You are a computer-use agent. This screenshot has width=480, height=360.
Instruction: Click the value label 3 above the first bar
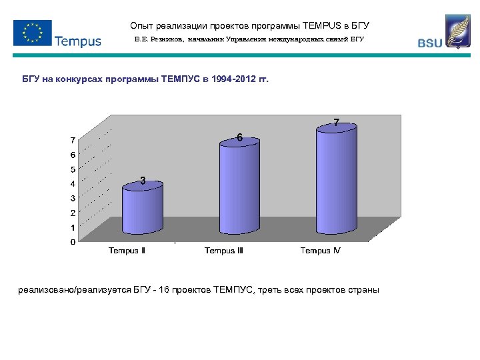pos(143,180)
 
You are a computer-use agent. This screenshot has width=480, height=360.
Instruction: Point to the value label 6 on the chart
pos(239,138)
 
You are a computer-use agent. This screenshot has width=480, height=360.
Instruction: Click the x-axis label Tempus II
pos(127,251)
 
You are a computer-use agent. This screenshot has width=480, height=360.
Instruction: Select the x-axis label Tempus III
pos(224,251)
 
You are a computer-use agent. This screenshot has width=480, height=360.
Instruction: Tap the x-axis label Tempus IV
pos(320,251)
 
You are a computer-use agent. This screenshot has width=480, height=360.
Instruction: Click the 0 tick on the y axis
pos(73,242)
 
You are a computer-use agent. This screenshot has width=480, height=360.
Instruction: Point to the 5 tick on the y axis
pos(73,169)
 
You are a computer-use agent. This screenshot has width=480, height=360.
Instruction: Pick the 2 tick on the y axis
pos(73,213)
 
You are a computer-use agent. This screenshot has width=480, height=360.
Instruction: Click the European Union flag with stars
pos(32,32)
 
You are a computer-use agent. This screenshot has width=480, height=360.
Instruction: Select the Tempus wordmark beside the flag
pos(77,41)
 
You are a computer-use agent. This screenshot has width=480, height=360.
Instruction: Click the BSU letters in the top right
pos(429,43)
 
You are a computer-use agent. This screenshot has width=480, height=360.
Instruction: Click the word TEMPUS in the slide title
pos(324,26)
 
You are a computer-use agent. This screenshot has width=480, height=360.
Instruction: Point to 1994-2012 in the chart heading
pos(233,79)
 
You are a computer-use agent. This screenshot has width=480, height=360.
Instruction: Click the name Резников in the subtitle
pos(166,40)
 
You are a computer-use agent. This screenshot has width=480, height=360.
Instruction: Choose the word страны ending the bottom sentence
pos(363,290)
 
